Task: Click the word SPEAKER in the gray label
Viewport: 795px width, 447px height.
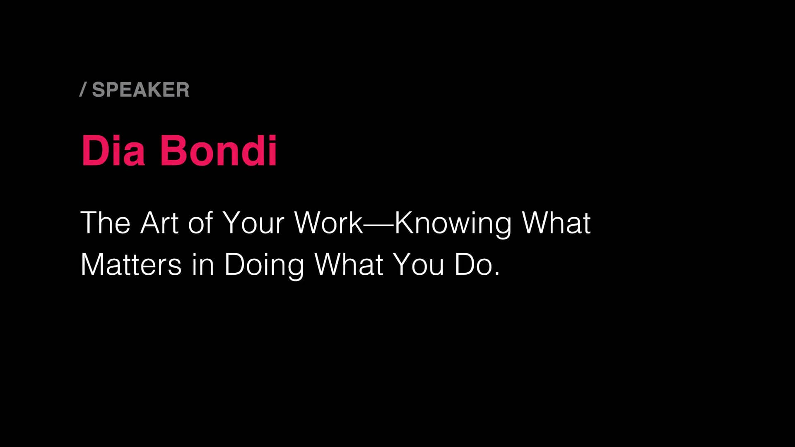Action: [140, 90]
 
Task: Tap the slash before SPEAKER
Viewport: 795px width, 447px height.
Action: [83, 90]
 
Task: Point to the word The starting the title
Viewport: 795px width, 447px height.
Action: [105, 223]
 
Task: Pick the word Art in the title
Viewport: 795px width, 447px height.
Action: [159, 223]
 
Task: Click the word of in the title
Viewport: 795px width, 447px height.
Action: [200, 223]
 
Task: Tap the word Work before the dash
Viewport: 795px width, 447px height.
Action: [328, 223]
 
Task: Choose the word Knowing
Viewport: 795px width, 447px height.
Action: [453, 224]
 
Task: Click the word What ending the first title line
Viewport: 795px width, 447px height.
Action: [556, 223]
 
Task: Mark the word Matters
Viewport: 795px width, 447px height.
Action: [131, 264]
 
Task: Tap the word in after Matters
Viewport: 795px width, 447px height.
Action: [203, 264]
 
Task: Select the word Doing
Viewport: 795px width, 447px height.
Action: [264, 265]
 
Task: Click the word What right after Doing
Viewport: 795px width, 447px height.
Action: [349, 264]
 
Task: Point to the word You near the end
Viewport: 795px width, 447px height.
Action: [418, 264]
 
